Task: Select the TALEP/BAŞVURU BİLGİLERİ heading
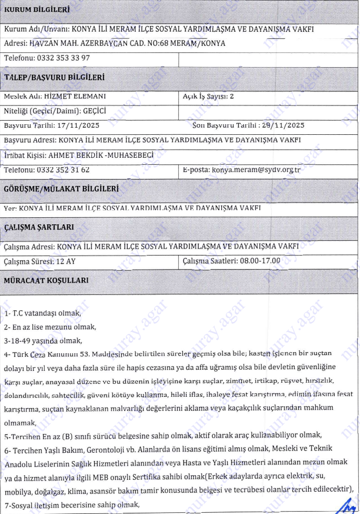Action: click(x=54, y=77)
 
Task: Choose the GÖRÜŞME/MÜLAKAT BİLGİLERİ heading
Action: click(x=62, y=189)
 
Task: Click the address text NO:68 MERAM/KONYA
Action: click(x=179, y=43)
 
